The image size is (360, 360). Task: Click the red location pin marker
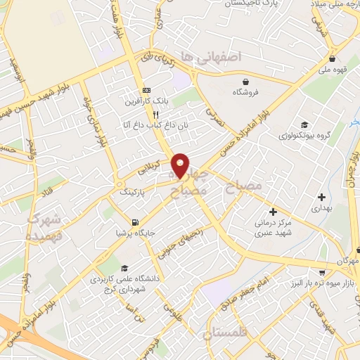[x=181, y=165]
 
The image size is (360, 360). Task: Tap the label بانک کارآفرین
[x=146, y=101]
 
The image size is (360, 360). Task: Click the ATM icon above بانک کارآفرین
[x=146, y=91]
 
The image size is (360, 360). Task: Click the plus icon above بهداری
[x=321, y=197]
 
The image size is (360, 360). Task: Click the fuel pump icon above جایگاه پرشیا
[x=126, y=222]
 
